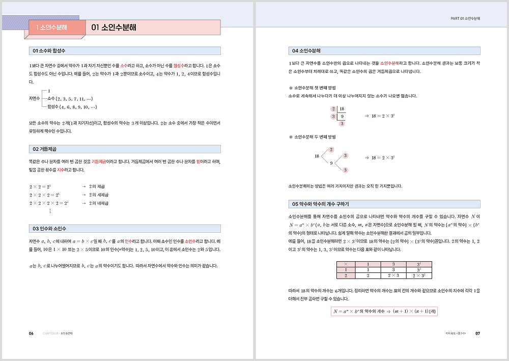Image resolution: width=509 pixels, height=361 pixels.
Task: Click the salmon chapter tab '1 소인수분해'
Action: pos(48,27)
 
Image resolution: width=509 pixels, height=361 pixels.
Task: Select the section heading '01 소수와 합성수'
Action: pos(49,51)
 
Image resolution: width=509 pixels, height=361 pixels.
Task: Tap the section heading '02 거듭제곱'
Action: pos(44,149)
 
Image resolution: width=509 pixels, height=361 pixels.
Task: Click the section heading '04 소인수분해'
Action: pos(305,51)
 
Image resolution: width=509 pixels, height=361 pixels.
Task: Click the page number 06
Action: pos(31,334)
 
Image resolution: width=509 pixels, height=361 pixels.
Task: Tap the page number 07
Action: pos(477,334)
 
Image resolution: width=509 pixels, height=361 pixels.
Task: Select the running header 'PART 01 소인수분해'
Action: pos(466,19)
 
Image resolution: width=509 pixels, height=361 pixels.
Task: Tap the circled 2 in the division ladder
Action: pos(333,109)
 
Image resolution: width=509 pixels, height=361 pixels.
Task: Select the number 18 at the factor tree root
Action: pos(317,156)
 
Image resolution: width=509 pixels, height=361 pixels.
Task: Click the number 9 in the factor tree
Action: pos(331,163)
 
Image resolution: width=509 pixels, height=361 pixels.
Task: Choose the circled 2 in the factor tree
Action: pos(331,149)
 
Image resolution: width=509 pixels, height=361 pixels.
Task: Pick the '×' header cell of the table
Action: pos(346,264)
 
